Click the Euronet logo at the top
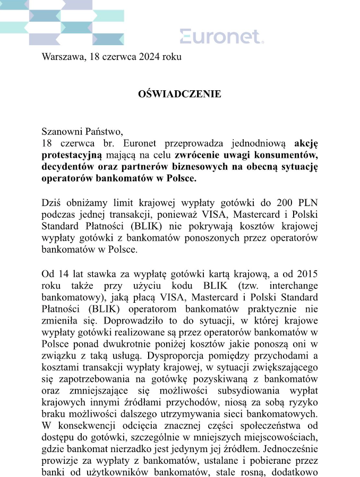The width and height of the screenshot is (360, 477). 221,37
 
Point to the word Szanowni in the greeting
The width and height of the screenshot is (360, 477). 61,132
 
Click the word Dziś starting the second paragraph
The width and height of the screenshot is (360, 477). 52,201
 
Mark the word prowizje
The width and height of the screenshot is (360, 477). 58,459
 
